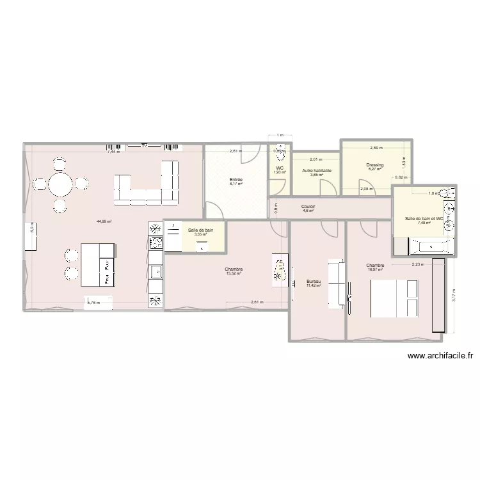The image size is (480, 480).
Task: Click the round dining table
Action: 60,184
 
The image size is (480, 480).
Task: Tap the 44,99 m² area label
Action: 104,221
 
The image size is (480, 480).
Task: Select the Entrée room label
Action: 236,180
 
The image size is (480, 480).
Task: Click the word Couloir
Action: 308,207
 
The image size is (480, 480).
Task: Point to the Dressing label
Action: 375,165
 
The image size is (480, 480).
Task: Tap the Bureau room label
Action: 314,282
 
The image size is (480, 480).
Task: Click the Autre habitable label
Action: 317,171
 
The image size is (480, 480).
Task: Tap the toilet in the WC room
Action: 279,153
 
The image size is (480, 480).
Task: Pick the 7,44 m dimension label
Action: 113,152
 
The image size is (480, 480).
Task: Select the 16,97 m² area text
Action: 375,269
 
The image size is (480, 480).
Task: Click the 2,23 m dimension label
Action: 417,264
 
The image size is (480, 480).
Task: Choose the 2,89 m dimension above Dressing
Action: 376,148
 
